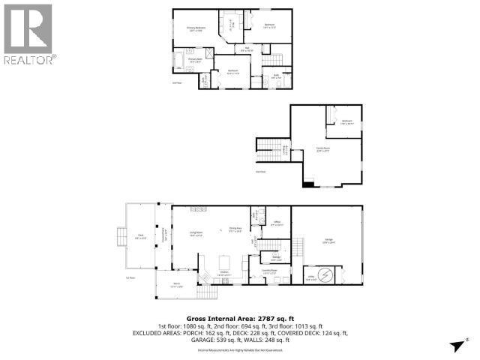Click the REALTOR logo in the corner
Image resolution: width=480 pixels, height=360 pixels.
pos(28,34)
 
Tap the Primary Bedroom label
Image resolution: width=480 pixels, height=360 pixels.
pos(196,29)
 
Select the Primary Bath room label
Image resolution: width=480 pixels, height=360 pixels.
pos(196,60)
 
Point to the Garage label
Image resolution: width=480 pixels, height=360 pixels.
pos(328,241)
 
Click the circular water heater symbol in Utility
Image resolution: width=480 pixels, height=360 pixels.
pos(324,276)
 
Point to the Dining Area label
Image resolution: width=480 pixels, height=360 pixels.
pos(235,229)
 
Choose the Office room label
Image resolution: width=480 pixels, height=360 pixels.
pos(276,223)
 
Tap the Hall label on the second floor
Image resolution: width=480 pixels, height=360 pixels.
pos(247,48)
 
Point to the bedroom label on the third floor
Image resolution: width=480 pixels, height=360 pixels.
pos(347,121)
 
